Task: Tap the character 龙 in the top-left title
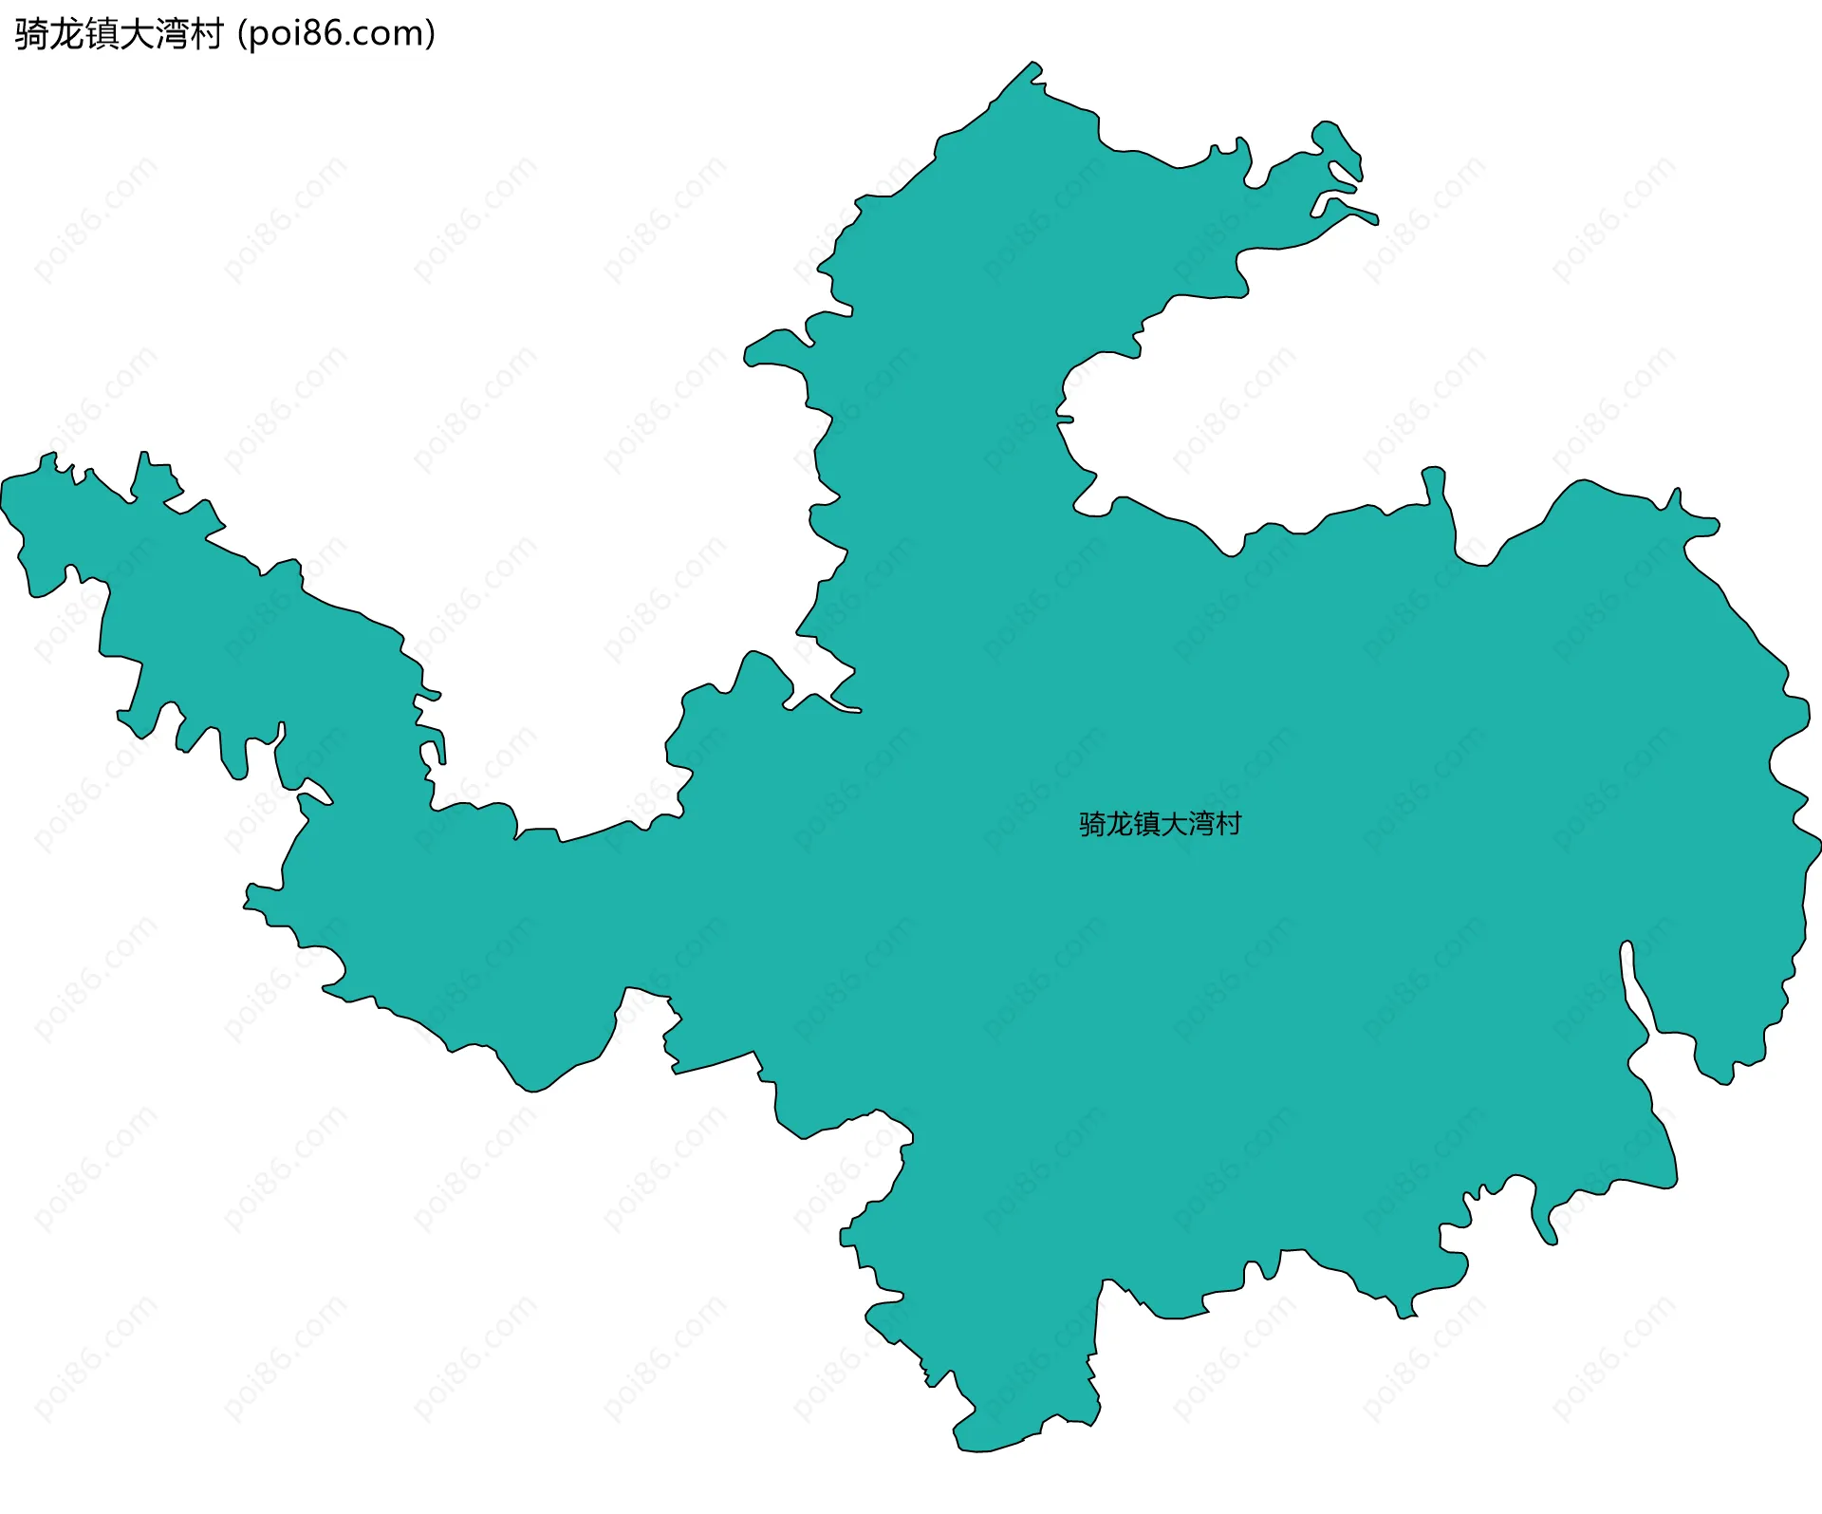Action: click(x=65, y=34)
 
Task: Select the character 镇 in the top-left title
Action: click(x=101, y=34)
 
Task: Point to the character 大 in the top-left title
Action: click(x=136, y=34)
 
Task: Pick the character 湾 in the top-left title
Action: click(x=171, y=34)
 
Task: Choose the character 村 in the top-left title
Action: click(x=206, y=34)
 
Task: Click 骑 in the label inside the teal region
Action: click(x=1092, y=824)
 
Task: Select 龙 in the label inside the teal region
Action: click(x=1120, y=824)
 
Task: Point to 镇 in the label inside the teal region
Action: click(x=1146, y=824)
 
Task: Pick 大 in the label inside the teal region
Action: click(x=1174, y=824)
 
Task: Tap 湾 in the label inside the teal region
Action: click(x=1200, y=824)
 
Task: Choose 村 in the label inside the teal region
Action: click(x=1228, y=824)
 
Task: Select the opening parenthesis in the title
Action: click(x=243, y=34)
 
